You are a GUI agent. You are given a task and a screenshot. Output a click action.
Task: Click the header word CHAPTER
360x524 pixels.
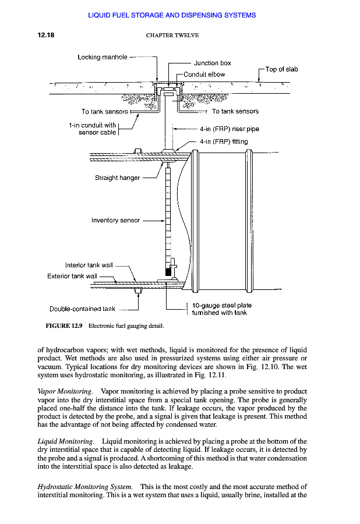coord(164,36)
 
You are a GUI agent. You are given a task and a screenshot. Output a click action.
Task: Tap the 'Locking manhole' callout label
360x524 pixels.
coord(101,57)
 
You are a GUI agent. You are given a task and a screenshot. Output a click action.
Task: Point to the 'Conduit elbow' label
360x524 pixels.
coord(204,75)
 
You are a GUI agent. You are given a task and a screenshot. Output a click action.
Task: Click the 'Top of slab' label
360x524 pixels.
coord(281,69)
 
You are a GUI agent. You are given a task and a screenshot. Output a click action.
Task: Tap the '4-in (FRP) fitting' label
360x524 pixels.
coord(223,141)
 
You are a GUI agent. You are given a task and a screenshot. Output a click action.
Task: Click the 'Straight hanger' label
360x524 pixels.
coord(117,178)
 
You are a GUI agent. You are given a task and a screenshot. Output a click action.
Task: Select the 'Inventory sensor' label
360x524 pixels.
coord(115,220)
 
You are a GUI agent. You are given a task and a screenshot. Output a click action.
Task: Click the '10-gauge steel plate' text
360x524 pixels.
coord(221,305)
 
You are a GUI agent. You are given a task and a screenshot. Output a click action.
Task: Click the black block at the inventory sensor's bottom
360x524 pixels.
coord(169,271)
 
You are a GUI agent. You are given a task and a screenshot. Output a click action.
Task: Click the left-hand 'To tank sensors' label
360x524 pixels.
coord(105,111)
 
